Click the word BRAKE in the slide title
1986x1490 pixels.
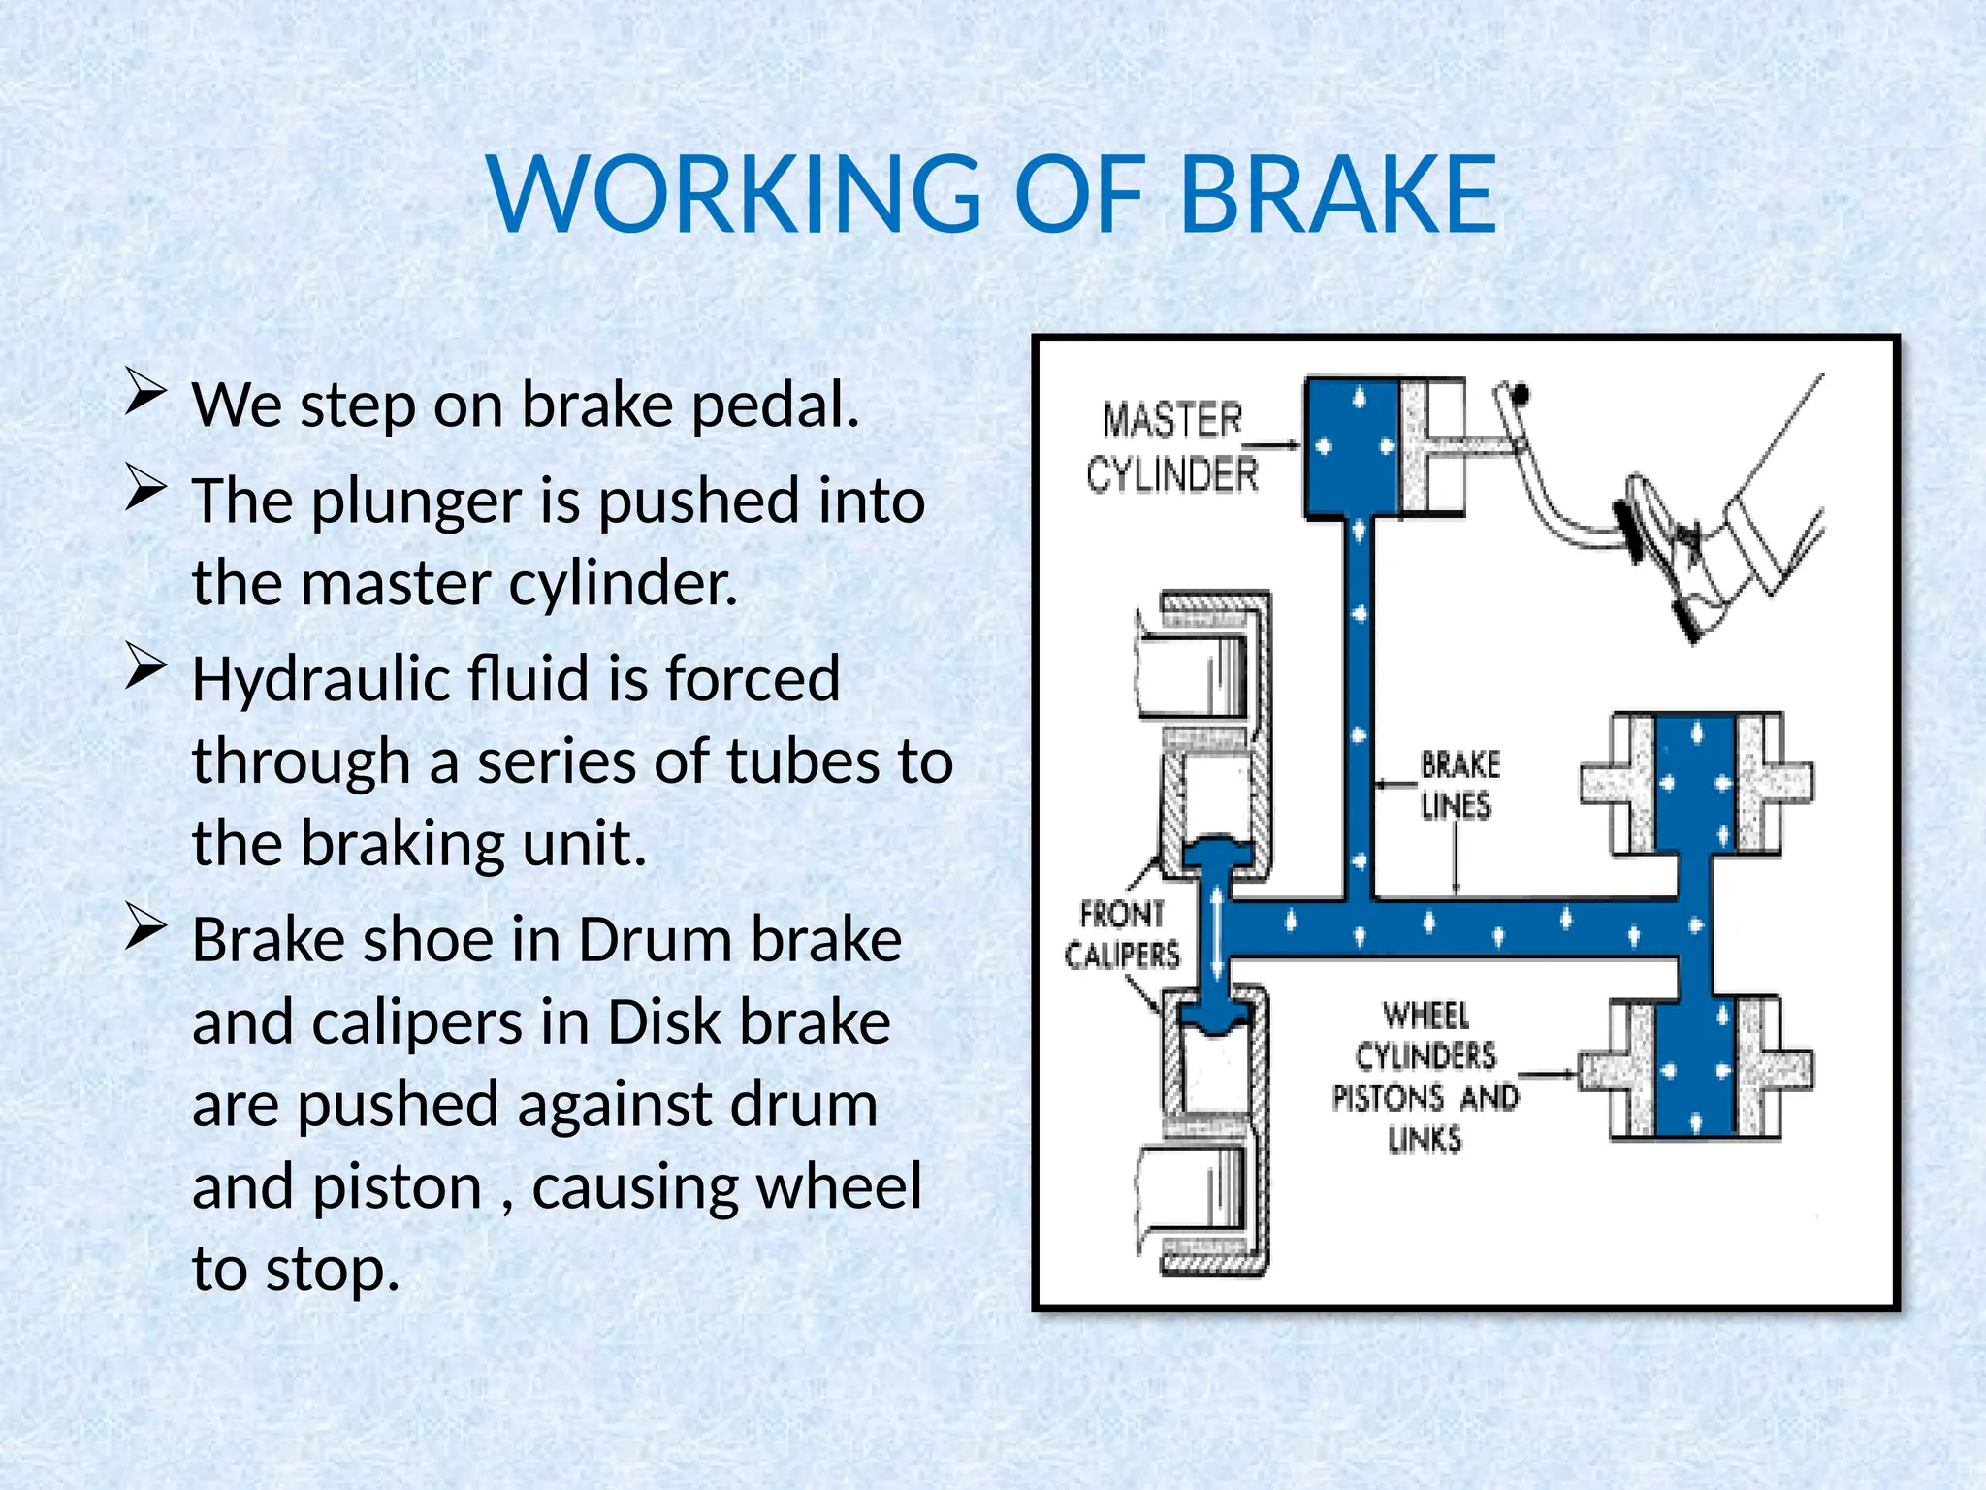1339,197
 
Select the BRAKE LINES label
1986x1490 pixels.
1459,785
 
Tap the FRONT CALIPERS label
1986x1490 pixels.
1122,934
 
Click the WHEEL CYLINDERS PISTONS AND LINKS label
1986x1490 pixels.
1425,1077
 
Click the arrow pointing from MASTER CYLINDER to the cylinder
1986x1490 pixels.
1278,445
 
